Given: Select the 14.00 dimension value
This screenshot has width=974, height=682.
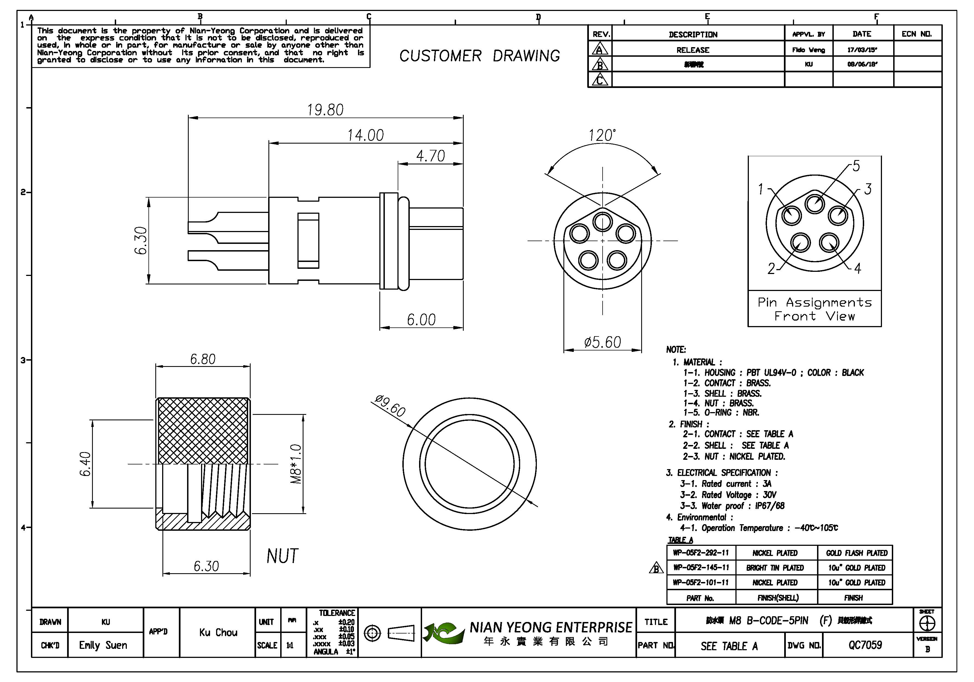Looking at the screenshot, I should (x=365, y=135).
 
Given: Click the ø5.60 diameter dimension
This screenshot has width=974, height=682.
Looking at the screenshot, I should (x=602, y=342).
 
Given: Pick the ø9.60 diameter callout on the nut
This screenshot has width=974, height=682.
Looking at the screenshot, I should (x=390, y=405).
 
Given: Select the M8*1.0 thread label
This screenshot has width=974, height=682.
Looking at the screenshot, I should (x=296, y=464).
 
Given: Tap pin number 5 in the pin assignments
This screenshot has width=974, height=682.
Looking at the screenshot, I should (x=856, y=166).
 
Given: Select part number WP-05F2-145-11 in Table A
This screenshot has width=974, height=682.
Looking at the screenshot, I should (x=701, y=567).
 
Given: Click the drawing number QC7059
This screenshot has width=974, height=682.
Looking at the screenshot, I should (x=865, y=645).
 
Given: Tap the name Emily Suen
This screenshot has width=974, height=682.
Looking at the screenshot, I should (x=103, y=645).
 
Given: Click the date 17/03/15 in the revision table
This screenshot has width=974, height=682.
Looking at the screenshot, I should (x=862, y=50).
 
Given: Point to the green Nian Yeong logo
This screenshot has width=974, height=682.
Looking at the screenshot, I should (x=442, y=632).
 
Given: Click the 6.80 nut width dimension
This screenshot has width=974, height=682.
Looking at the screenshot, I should (x=202, y=359).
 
